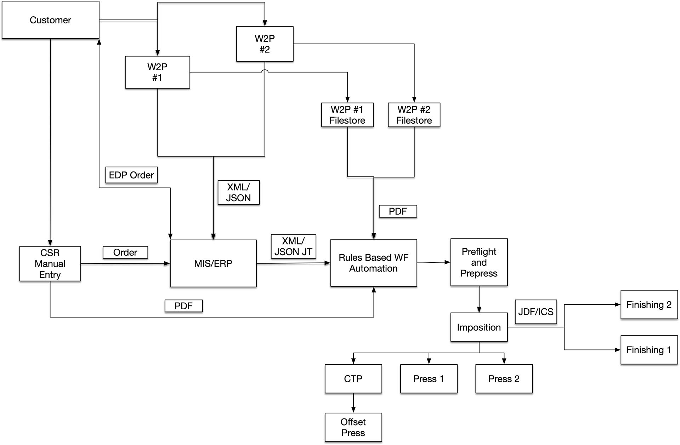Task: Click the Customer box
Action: (x=50, y=20)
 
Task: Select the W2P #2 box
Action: (x=265, y=44)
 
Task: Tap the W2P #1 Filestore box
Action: (x=347, y=115)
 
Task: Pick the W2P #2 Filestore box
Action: (x=414, y=115)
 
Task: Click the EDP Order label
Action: (x=131, y=175)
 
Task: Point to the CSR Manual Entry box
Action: (x=50, y=264)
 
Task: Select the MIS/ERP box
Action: (x=213, y=263)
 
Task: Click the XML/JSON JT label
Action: (x=293, y=246)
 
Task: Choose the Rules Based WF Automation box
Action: (x=373, y=263)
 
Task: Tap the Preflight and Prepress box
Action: (x=479, y=262)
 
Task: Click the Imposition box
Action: (x=479, y=327)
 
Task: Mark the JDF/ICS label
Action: (x=535, y=312)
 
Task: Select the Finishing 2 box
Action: (x=649, y=305)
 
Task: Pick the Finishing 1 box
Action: (x=649, y=350)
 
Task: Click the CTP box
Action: (x=353, y=379)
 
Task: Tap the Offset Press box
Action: (x=353, y=427)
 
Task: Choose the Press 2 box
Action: (x=504, y=379)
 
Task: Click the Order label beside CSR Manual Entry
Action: (x=125, y=252)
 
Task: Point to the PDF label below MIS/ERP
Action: (x=183, y=306)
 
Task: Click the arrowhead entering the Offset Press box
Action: (x=353, y=410)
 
